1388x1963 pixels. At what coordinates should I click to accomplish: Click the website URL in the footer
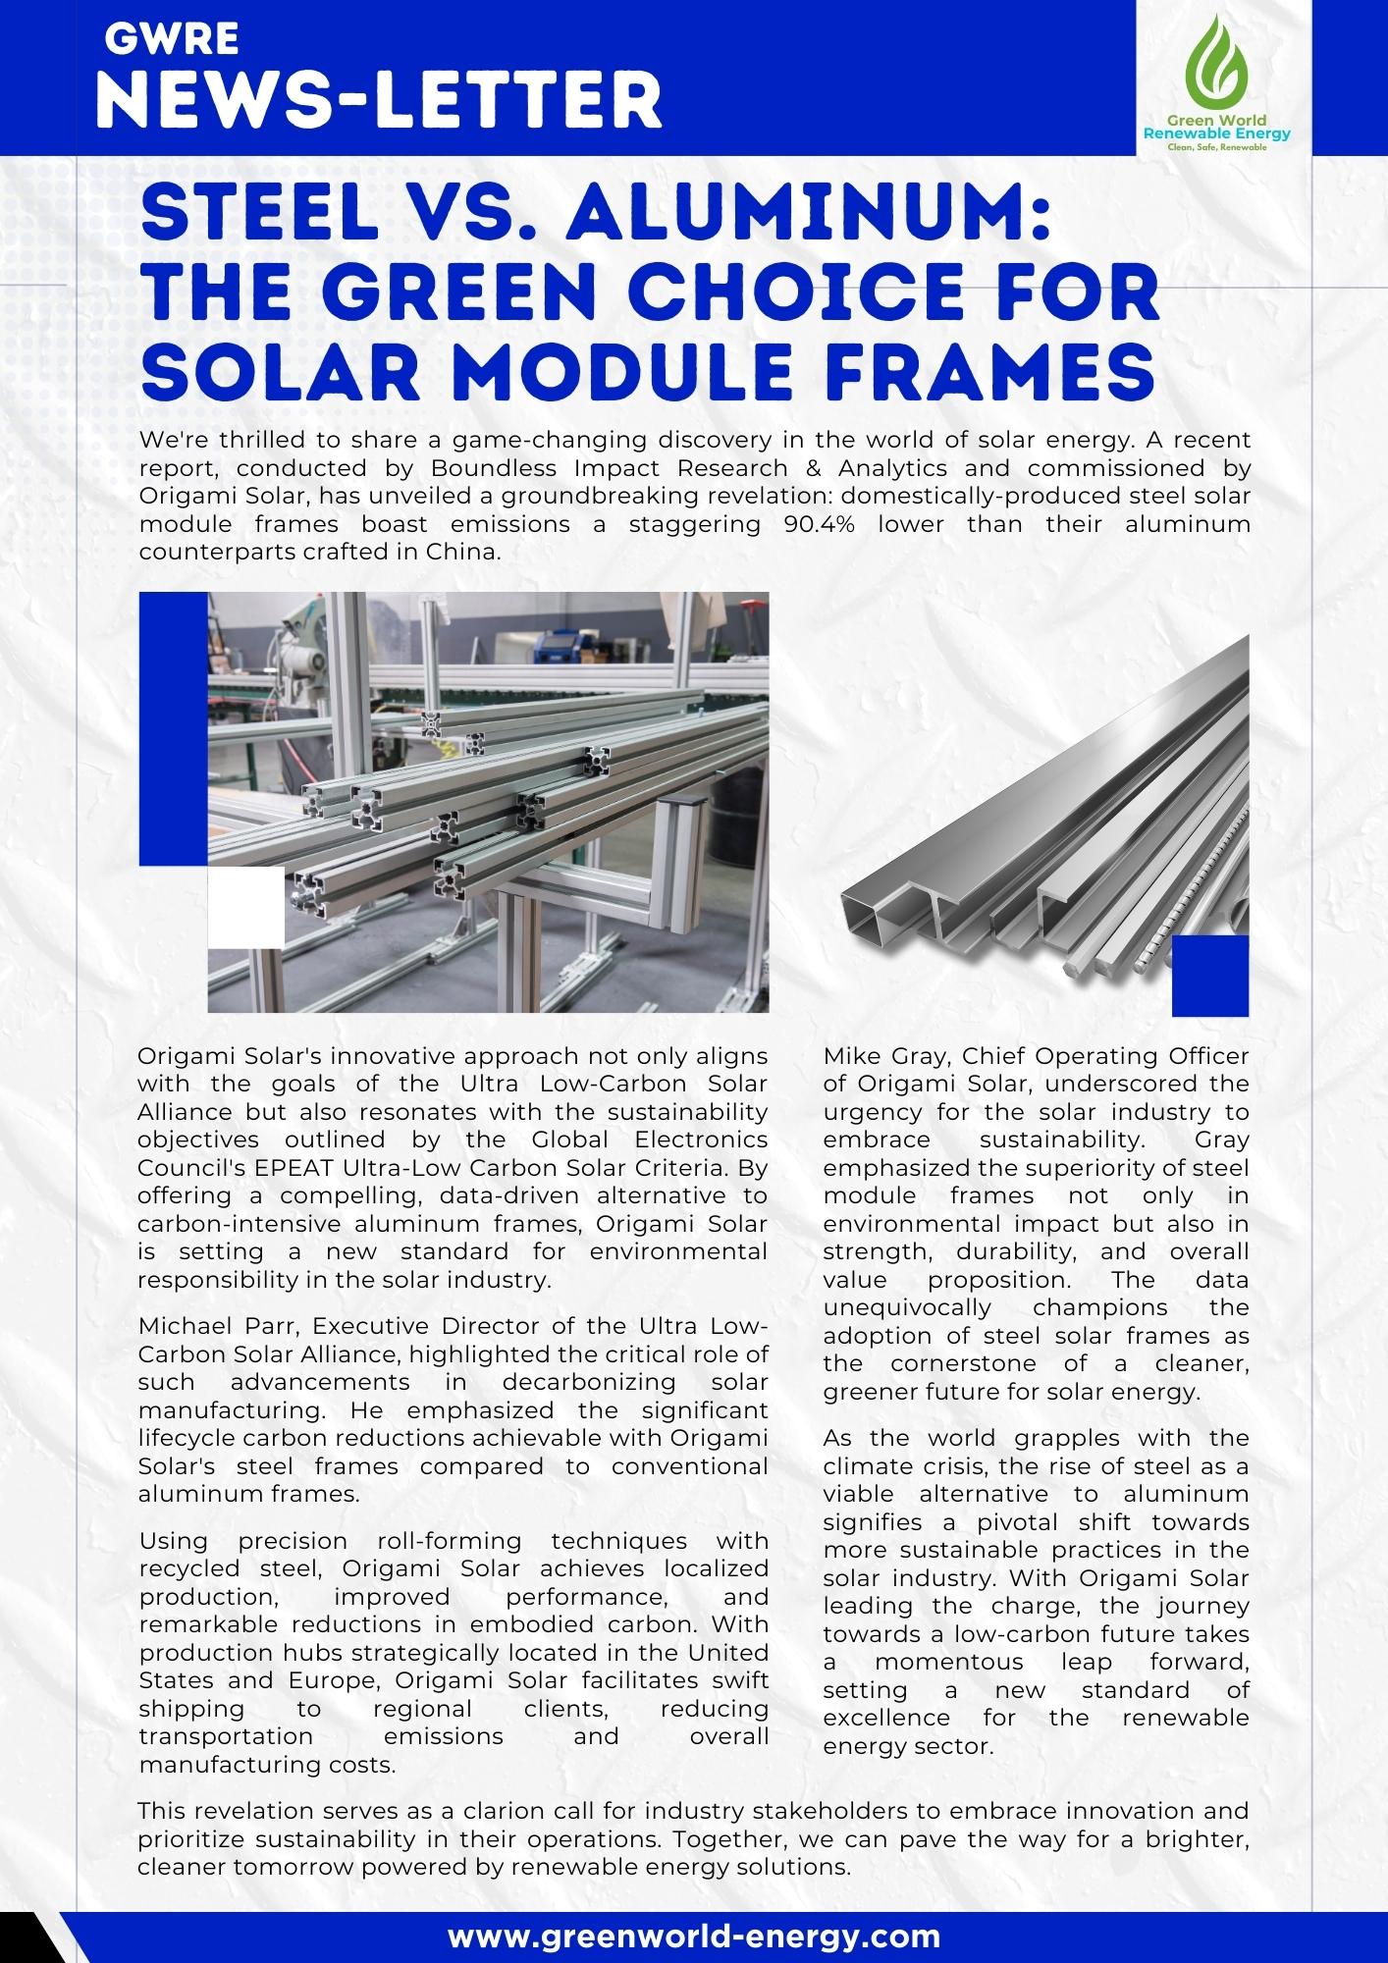point(694,1935)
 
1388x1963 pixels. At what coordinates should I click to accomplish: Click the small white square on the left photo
point(246,908)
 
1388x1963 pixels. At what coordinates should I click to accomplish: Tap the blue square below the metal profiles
point(1210,975)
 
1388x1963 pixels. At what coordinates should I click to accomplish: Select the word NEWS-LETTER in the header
point(381,102)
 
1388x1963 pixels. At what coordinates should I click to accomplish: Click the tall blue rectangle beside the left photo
point(173,728)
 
